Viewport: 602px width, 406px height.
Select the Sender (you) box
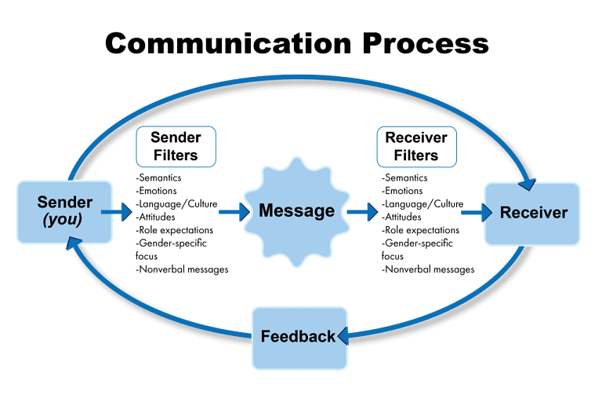pos(64,211)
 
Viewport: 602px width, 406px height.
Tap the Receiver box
pos(532,212)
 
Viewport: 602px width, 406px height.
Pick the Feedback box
pos(299,337)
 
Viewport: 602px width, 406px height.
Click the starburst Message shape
pos(297,210)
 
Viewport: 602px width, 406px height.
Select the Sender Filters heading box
pos(176,146)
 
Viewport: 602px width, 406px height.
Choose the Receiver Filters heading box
pos(416,146)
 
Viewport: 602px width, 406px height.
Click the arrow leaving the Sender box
pos(117,211)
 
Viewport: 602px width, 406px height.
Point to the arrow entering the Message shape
pos(233,211)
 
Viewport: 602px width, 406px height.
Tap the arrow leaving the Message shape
pos(361,211)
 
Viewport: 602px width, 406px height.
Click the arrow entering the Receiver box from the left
pos(472,212)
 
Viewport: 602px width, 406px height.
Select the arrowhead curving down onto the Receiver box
pos(528,181)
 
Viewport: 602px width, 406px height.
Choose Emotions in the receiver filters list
pos(404,191)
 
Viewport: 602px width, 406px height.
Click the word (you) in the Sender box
pos(63,220)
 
